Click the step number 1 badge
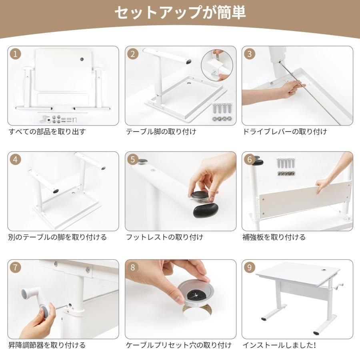tap(15, 54)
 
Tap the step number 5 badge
tap(133, 160)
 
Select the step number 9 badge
tap(250, 268)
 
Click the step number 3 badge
tap(250, 54)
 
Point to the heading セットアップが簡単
tap(180, 13)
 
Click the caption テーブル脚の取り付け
tap(161, 132)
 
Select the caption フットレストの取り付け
tap(165, 237)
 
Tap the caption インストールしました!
tap(279, 345)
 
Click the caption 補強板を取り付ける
tap(274, 237)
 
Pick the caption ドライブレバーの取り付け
tap(285, 132)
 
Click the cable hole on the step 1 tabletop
tap(82, 60)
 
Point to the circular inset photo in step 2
tap(217, 66)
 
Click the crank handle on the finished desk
tap(339, 286)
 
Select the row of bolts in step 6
tap(286, 163)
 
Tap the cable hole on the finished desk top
tap(325, 270)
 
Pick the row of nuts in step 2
tap(222, 119)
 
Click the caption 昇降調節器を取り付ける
tap(47, 345)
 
